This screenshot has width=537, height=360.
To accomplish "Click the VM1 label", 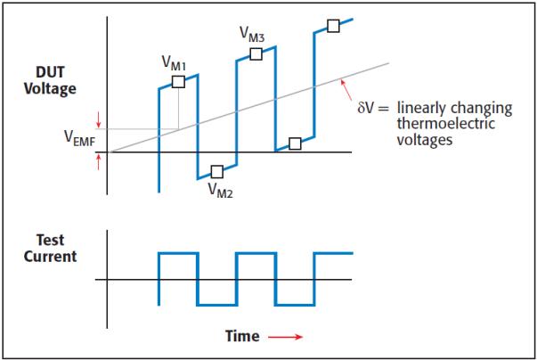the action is [x=174, y=63].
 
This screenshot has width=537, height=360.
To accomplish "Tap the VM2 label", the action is [x=220, y=191].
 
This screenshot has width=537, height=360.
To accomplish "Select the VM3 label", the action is [x=252, y=35].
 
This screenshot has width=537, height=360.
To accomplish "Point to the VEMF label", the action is [x=79, y=138].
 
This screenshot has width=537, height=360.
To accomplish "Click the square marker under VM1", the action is [x=178, y=82].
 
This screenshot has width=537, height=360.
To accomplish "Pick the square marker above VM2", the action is [x=217, y=172].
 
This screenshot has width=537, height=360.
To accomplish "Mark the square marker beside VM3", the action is [x=256, y=53].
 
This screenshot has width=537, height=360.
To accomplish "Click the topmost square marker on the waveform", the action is [x=334, y=26].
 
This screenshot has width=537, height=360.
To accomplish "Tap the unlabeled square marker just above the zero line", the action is [x=295, y=143].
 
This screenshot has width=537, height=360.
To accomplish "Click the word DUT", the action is [x=50, y=72].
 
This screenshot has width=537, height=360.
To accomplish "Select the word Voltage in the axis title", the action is [x=50, y=89].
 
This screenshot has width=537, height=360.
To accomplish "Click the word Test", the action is [x=50, y=240].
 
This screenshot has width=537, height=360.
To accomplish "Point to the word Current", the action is [x=50, y=257].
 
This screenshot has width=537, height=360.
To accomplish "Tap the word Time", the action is [x=242, y=336].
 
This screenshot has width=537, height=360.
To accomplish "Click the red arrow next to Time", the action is [x=285, y=337].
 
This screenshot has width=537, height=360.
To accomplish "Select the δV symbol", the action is [x=365, y=108].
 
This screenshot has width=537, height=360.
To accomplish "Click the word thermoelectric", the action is [x=446, y=124].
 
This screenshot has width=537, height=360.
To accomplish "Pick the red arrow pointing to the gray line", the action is [x=346, y=90].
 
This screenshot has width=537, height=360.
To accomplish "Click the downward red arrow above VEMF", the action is [x=99, y=120].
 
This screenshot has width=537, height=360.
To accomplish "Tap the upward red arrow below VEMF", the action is [x=99, y=162].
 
